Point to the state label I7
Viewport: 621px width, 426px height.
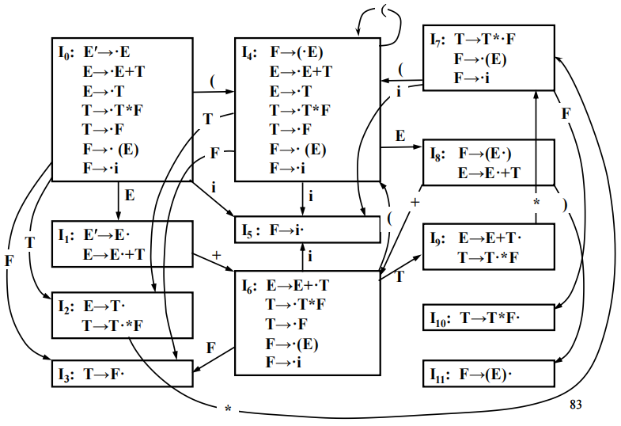(x=437, y=39)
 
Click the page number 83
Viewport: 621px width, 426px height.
(x=576, y=405)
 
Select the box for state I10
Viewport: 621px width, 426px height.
(x=487, y=318)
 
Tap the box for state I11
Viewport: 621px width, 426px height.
(x=487, y=373)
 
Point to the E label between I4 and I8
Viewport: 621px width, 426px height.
(x=400, y=135)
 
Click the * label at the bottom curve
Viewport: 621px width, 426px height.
(x=228, y=409)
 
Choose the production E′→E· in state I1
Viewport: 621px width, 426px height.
(x=107, y=236)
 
